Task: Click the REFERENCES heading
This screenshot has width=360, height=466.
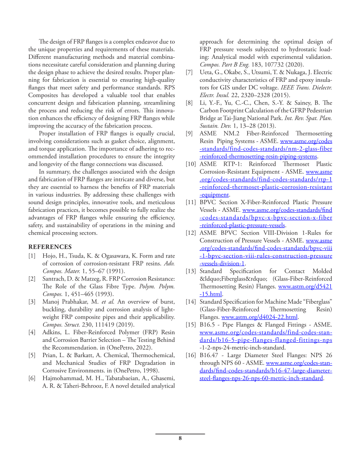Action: pos(50,247)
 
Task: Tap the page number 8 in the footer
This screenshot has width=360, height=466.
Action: pos(180,438)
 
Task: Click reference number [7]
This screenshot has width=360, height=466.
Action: pos(190,72)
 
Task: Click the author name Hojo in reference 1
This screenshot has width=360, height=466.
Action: pos(49,256)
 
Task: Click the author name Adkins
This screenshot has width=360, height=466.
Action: pos(53,332)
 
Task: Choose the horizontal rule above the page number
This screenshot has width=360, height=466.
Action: pos(180,434)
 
